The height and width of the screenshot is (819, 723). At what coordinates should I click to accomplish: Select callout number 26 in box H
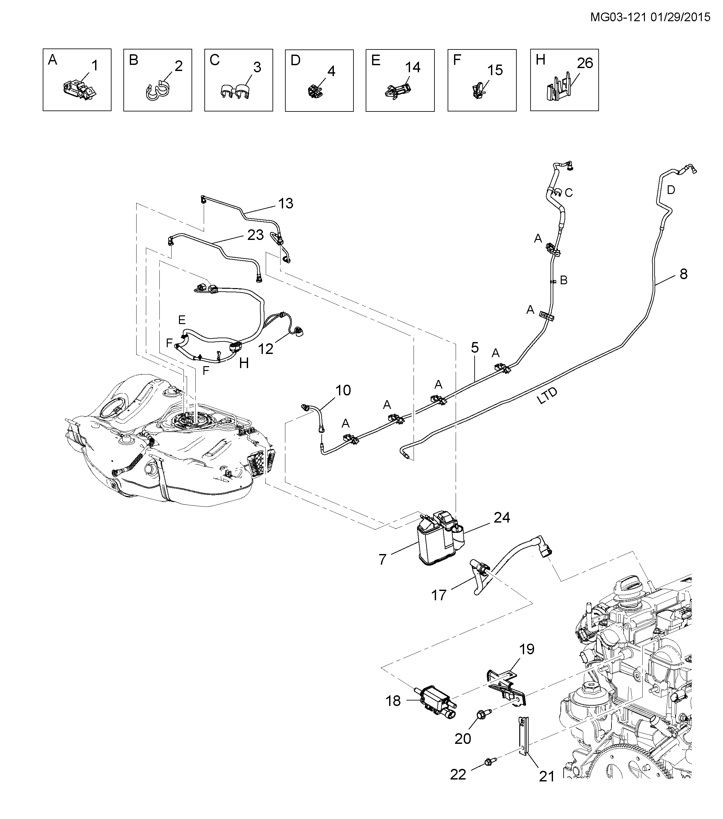click(585, 63)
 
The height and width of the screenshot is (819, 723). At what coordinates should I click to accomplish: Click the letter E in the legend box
click(376, 60)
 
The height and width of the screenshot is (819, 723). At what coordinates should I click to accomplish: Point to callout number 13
click(286, 203)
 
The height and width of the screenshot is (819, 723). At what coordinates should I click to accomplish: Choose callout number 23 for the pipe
click(255, 235)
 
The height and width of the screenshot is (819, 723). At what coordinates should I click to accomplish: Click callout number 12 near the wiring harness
click(266, 348)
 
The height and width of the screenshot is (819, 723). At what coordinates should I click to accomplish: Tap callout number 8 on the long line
click(683, 274)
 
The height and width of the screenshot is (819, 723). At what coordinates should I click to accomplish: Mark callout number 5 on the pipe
click(475, 348)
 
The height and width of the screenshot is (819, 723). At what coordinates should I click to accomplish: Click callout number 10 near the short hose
click(343, 390)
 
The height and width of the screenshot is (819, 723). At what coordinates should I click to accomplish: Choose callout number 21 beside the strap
click(546, 776)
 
